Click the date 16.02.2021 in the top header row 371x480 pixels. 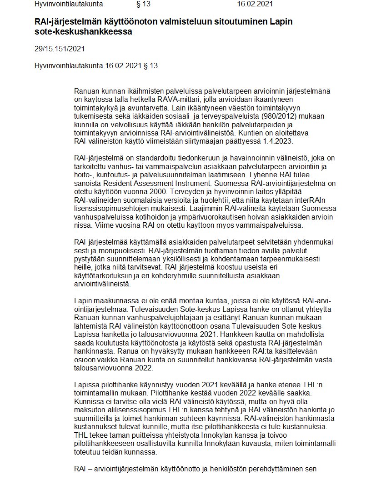[255, 4]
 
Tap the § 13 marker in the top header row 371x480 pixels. [143, 4]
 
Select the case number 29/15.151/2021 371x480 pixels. [60, 49]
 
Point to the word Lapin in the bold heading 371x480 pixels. [282, 22]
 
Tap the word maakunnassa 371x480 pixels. [111, 301]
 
